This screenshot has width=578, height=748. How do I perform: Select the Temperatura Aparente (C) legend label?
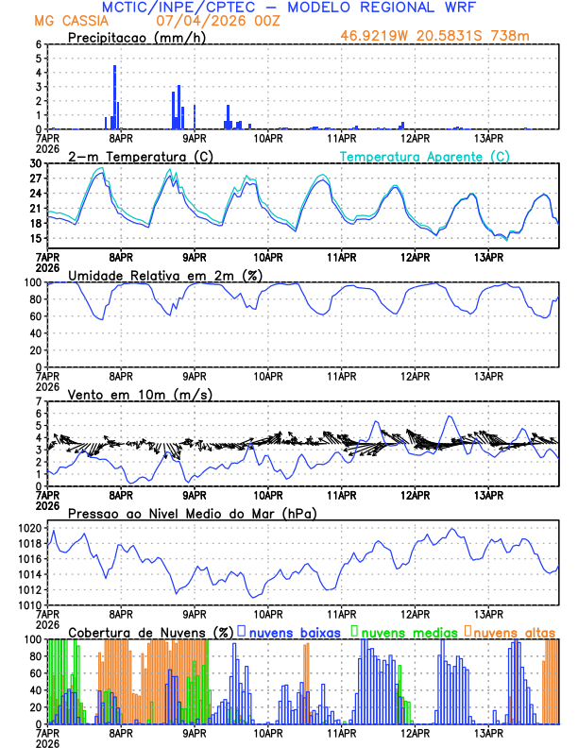[x=425, y=156]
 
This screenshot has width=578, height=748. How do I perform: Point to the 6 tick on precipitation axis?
[x=39, y=44]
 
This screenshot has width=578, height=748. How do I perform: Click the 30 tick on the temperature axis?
[x=36, y=163]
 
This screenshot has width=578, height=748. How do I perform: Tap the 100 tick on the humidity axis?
[x=32, y=282]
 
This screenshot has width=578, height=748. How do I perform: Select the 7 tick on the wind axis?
[x=39, y=401]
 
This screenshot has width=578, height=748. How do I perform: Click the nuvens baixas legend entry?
[x=294, y=632]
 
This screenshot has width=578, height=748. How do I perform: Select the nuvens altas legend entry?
[x=513, y=632]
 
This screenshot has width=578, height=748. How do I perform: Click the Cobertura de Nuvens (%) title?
[x=150, y=632]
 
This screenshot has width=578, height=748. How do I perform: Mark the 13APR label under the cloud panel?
[x=487, y=733]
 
